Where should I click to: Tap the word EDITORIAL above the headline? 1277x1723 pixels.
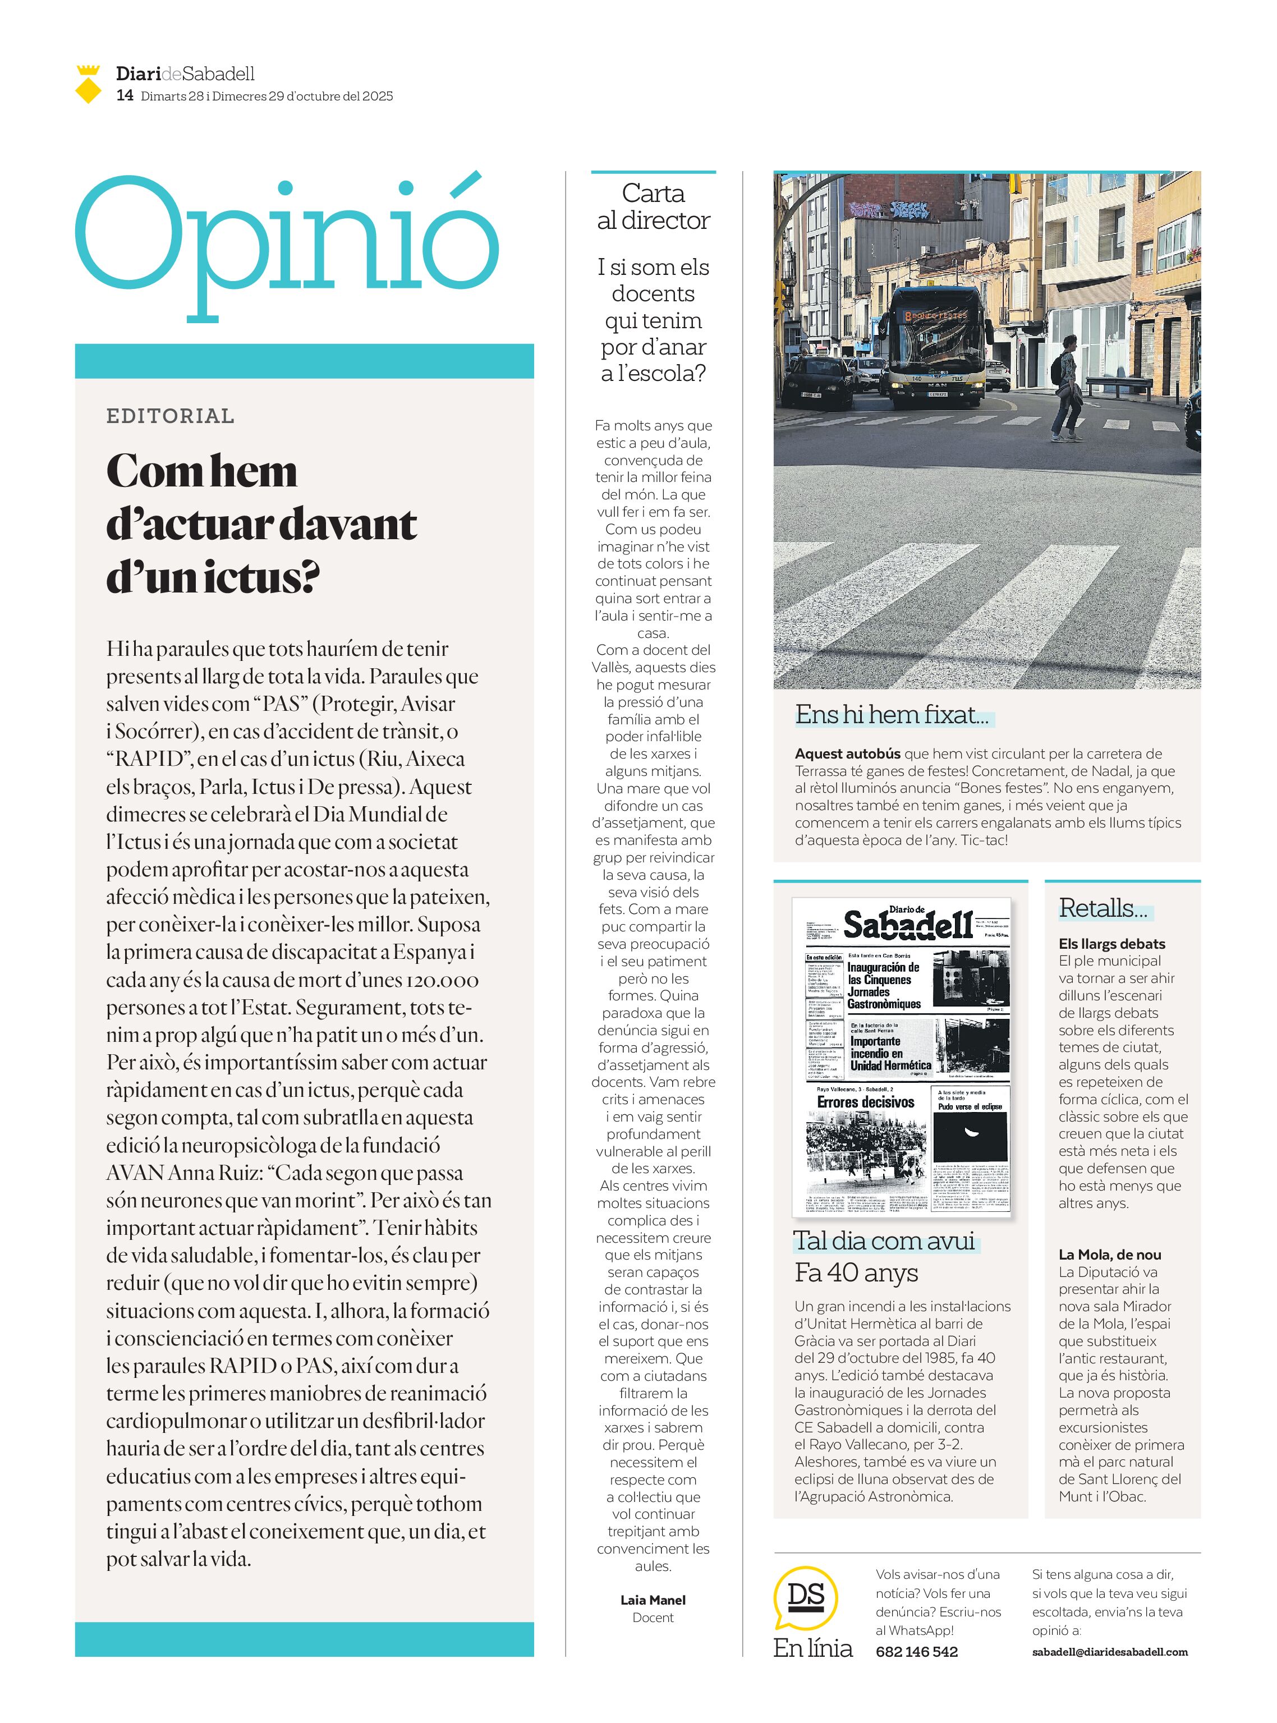point(170,416)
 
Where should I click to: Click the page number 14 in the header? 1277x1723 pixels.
point(125,96)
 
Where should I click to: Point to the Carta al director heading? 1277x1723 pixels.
point(653,206)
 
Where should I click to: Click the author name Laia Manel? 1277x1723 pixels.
point(653,1600)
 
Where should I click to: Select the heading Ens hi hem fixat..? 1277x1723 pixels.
point(892,714)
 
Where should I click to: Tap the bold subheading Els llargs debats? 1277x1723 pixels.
point(1111,944)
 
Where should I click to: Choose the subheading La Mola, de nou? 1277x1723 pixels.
point(1110,1255)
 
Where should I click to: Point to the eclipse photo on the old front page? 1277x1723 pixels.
point(970,1134)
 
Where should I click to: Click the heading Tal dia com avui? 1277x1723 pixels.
point(884,1240)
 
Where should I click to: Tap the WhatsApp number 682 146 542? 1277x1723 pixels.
point(917,1651)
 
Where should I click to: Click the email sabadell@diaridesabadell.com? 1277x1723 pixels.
point(1110,1652)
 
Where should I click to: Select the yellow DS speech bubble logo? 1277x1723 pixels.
point(806,1596)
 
